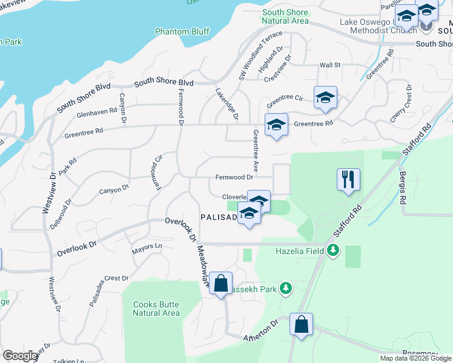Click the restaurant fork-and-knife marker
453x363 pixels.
click(348, 179)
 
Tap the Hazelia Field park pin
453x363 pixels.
click(332, 250)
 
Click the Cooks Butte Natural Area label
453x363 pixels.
click(156, 309)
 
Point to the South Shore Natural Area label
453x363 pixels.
click(285, 16)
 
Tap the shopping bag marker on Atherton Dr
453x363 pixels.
click(301, 324)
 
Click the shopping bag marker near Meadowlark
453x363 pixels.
click(221, 283)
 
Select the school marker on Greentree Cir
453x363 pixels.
click(325, 97)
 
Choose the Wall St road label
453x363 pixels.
click(330, 65)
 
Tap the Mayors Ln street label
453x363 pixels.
click(147, 247)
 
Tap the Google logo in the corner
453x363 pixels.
click(19, 356)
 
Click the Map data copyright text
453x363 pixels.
click(415, 358)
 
